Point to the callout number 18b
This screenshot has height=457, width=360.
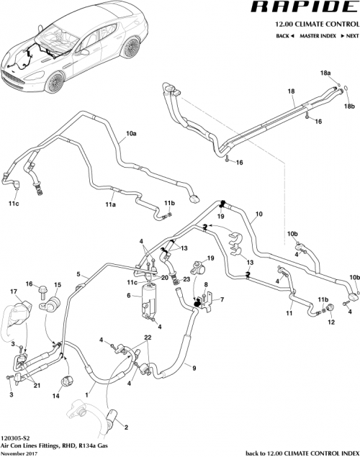348,106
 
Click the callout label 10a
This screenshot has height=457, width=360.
131,134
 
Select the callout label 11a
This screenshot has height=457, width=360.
111,205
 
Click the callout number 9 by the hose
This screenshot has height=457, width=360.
193,368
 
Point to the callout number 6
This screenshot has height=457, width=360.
129,296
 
